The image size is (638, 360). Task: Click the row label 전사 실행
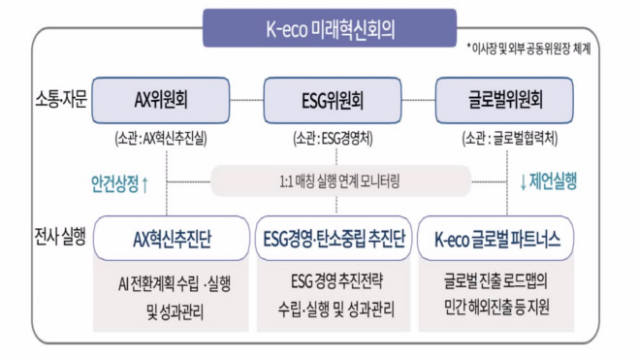[58, 237]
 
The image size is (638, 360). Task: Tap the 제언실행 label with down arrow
[549, 181]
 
